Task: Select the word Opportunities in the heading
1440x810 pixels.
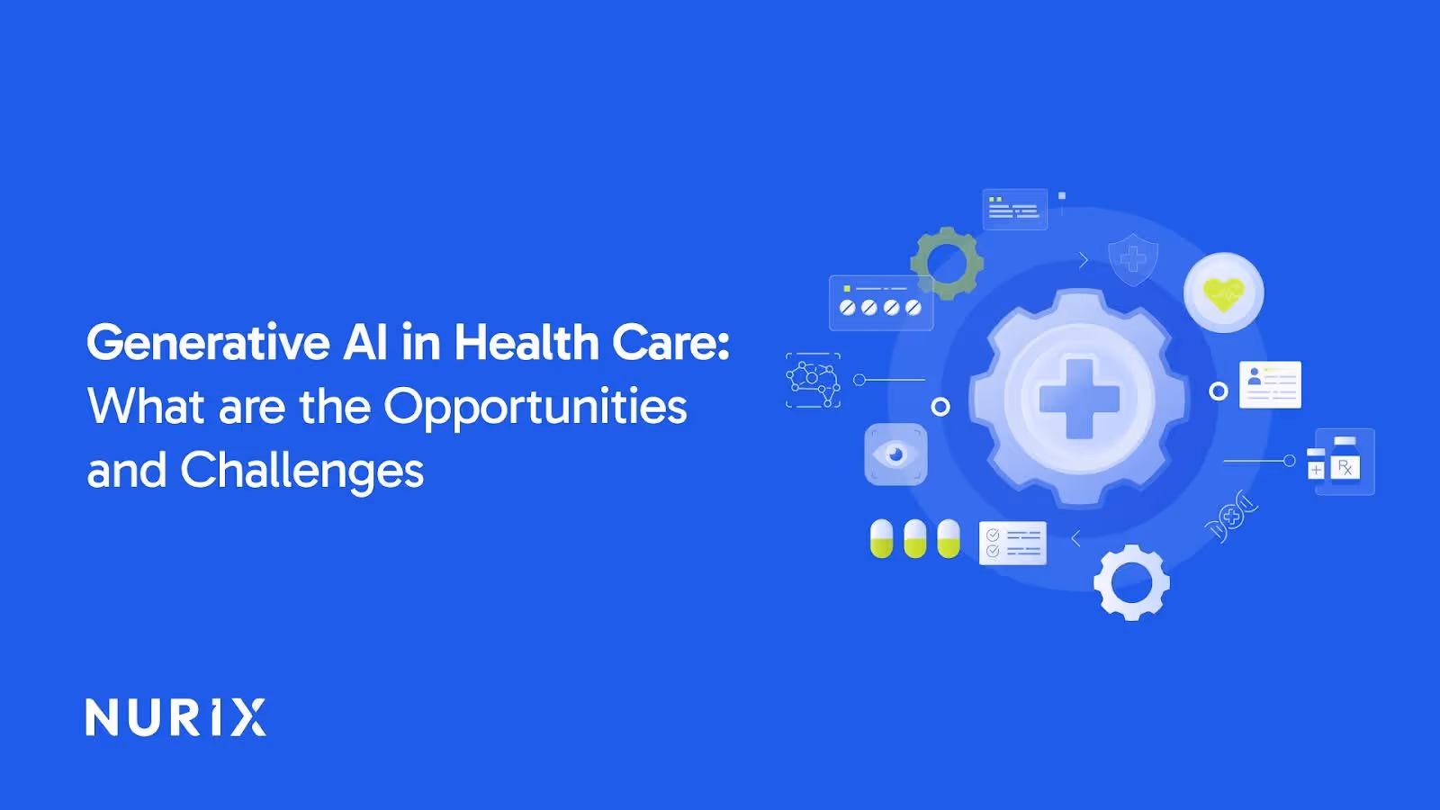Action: tap(535, 407)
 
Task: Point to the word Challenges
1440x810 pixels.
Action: tap(301, 471)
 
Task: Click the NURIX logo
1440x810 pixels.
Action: tap(175, 717)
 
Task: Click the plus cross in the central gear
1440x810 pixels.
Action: tap(1079, 398)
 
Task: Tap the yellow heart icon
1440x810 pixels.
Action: tap(1223, 292)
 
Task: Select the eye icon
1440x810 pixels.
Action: tap(895, 454)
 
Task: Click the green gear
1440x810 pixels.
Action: tap(946, 263)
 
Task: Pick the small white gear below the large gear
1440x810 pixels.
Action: tap(1131, 582)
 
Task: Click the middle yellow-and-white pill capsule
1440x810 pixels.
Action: tap(914, 538)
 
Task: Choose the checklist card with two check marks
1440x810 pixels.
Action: tap(1012, 543)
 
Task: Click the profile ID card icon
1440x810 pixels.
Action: tap(1270, 384)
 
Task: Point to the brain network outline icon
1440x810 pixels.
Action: tap(813, 380)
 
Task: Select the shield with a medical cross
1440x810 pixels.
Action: tap(1133, 259)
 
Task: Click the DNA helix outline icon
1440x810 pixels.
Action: tap(1230, 517)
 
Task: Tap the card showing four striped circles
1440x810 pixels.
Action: tap(880, 302)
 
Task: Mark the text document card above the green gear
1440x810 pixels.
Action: tap(1014, 209)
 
